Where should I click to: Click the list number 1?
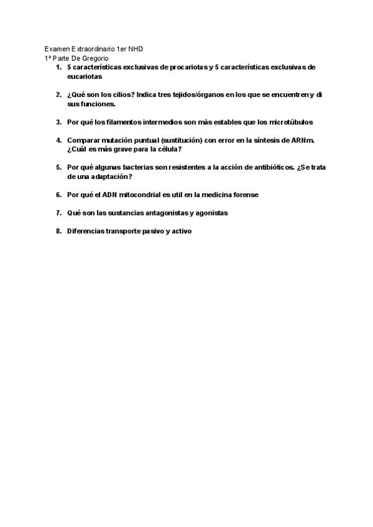[x=58, y=67]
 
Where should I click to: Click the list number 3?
[x=58, y=122]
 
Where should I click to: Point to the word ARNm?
[x=303, y=140]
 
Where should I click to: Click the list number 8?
[x=58, y=231]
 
